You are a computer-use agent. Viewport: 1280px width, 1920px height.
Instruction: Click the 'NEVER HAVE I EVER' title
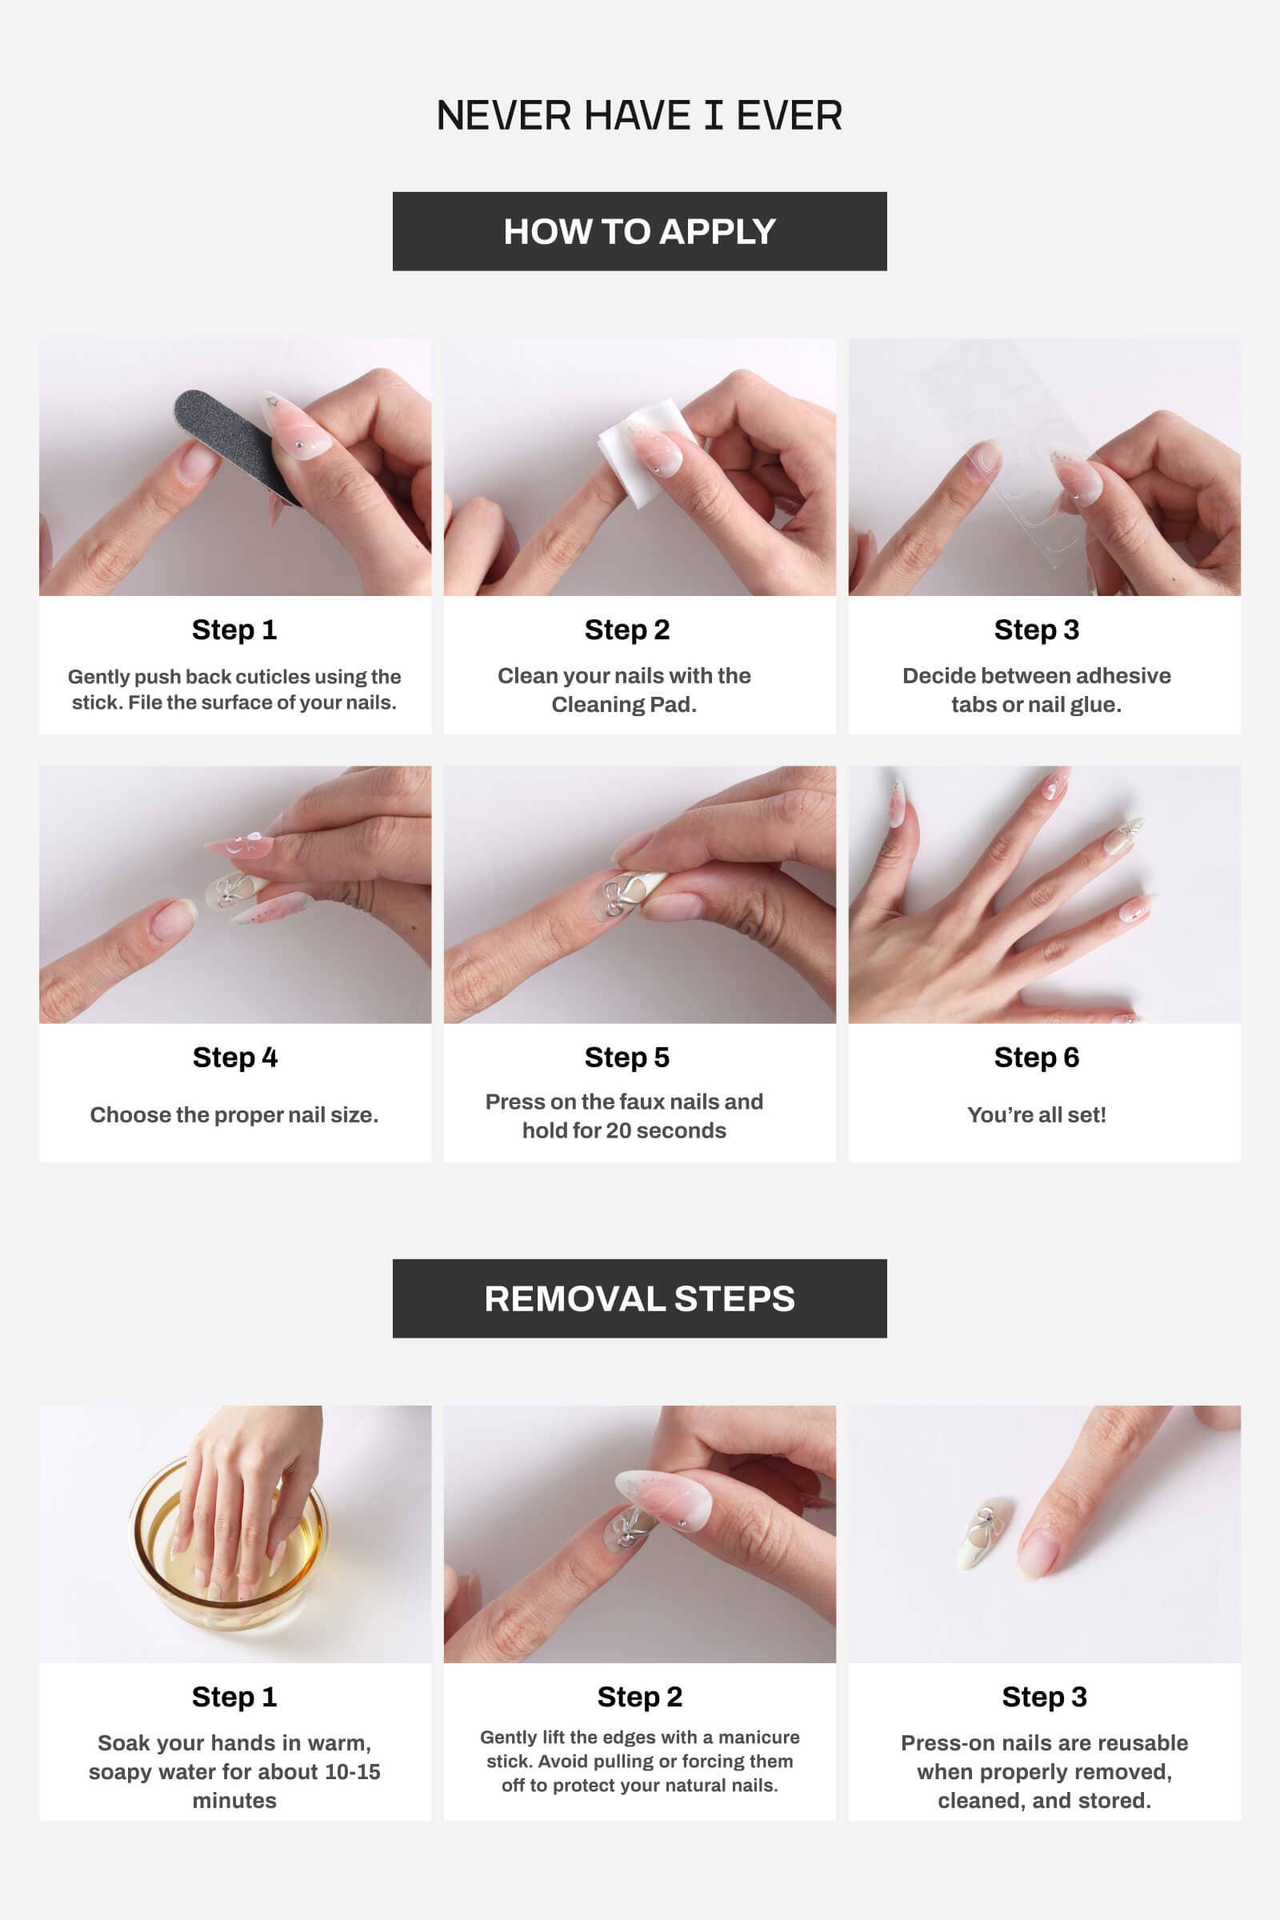pyautogui.click(x=639, y=116)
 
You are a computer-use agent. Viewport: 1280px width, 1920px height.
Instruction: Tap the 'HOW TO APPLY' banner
pyautogui.click(x=639, y=232)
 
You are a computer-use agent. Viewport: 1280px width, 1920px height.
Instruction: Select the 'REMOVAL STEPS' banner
pyautogui.click(x=639, y=1298)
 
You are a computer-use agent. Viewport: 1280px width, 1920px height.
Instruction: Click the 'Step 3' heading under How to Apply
pyautogui.click(x=1036, y=630)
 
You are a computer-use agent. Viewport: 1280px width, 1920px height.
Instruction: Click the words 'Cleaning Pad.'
pyautogui.click(x=624, y=705)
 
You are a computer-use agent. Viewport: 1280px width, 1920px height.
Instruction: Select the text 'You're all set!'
pyautogui.click(x=1036, y=1115)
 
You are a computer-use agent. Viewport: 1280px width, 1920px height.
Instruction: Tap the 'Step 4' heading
pyautogui.click(x=235, y=1057)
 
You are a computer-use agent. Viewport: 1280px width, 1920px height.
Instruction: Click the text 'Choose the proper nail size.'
pyautogui.click(x=234, y=1115)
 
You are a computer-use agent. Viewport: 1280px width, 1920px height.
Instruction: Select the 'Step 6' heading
pyautogui.click(x=1036, y=1057)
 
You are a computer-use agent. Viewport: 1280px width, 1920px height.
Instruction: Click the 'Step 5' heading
pyautogui.click(x=627, y=1057)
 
